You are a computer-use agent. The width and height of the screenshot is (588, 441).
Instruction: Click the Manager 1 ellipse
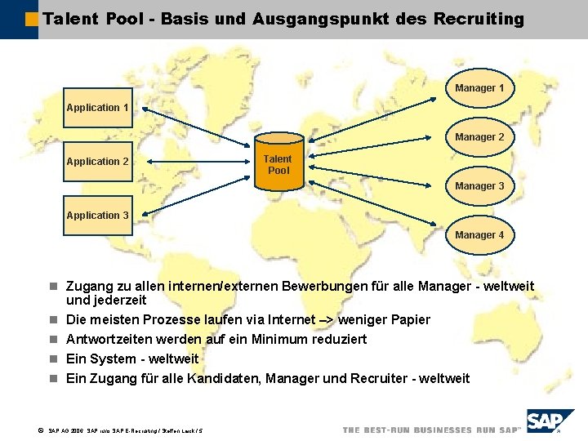[479, 87]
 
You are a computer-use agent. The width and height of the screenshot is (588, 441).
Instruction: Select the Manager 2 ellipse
[479, 137]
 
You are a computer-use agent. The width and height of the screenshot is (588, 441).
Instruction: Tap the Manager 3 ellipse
[479, 186]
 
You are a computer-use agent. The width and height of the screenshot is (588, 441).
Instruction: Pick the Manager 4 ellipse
[479, 235]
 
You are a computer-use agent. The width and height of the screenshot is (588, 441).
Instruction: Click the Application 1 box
[98, 108]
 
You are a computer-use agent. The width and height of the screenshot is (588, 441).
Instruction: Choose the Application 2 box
[98, 162]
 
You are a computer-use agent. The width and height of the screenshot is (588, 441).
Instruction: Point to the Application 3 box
[98, 216]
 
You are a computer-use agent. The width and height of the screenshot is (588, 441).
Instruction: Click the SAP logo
[550, 422]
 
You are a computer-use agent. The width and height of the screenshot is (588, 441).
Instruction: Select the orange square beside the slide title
[32, 18]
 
